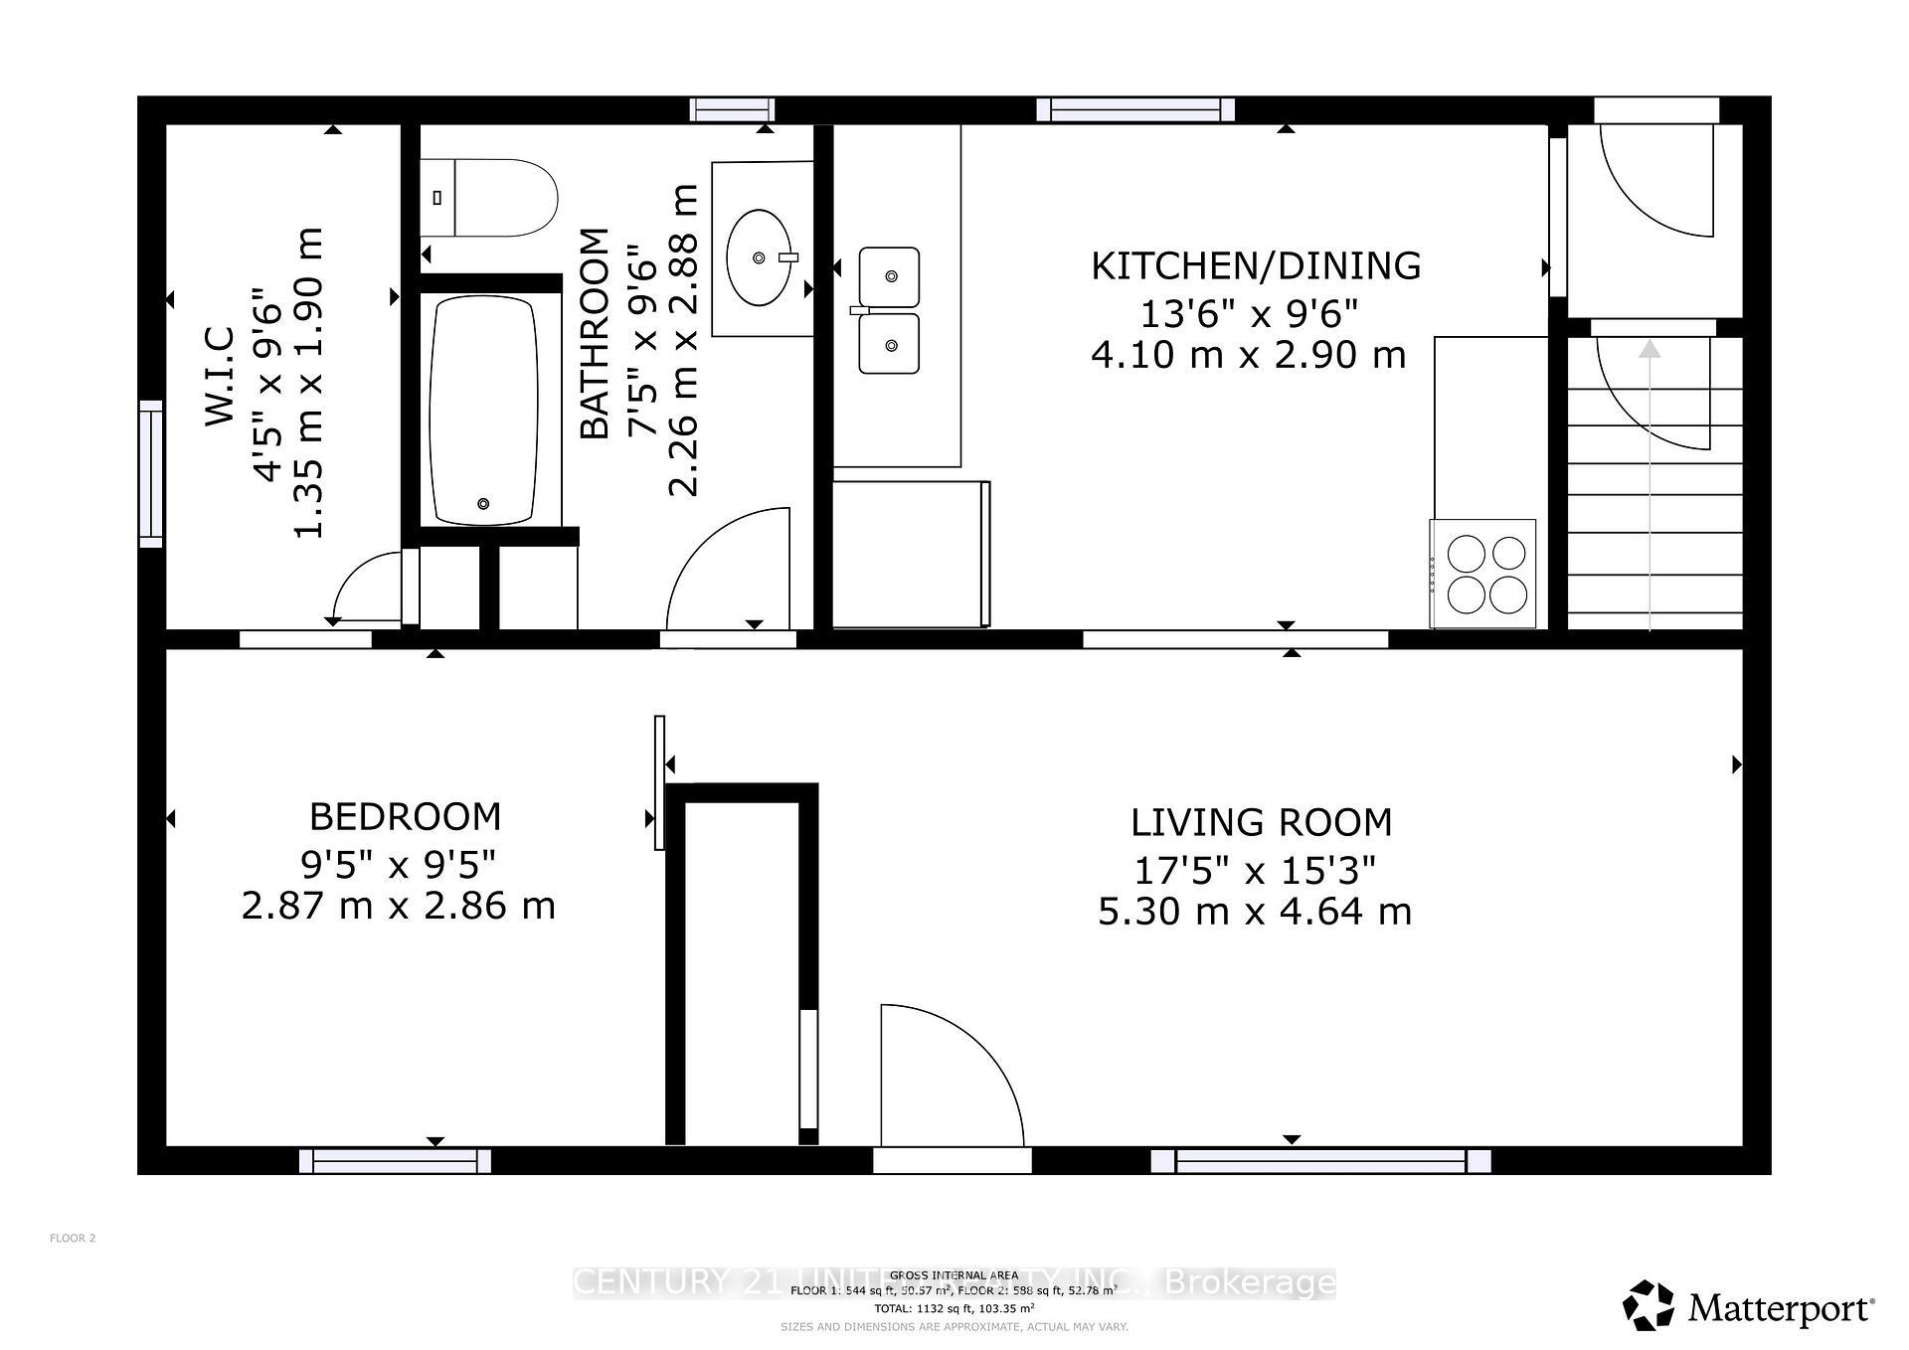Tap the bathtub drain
pyautogui.click(x=484, y=504)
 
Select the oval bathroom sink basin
pyautogui.click(x=760, y=258)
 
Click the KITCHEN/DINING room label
pyautogui.click(x=1256, y=266)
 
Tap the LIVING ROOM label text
pyautogui.click(x=1261, y=823)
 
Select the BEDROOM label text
pyautogui.click(x=405, y=817)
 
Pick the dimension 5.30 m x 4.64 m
pyautogui.click(x=1255, y=912)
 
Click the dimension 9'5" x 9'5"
pyautogui.click(x=398, y=865)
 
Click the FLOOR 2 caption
pyautogui.click(x=73, y=1238)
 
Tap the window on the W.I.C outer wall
pyautogui.click(x=151, y=473)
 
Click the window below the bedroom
pyautogui.click(x=396, y=1160)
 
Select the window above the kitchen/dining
pyautogui.click(x=1135, y=109)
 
